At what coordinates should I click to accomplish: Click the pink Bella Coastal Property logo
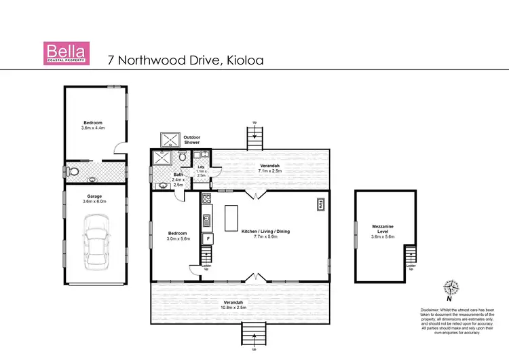65,54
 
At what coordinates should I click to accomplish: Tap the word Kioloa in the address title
240,60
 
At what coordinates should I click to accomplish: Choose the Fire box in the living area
320,204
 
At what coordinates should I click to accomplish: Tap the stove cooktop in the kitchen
207,200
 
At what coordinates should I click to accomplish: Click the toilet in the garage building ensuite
75,170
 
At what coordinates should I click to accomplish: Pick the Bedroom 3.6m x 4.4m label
94,125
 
